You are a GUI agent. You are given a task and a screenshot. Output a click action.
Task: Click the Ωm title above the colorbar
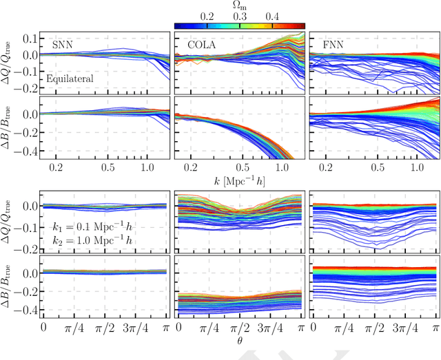(239, 5)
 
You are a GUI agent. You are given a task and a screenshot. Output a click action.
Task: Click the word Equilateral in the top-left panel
(70, 79)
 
